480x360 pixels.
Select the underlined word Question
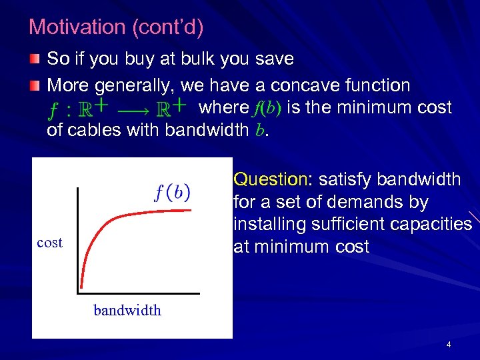coord(269,179)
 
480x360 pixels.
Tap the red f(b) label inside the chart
coord(172,193)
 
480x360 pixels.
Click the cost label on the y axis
coord(50,243)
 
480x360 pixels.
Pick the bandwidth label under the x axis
coord(127,310)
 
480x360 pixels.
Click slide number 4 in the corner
coord(449,345)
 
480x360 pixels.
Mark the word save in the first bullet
coord(275,59)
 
